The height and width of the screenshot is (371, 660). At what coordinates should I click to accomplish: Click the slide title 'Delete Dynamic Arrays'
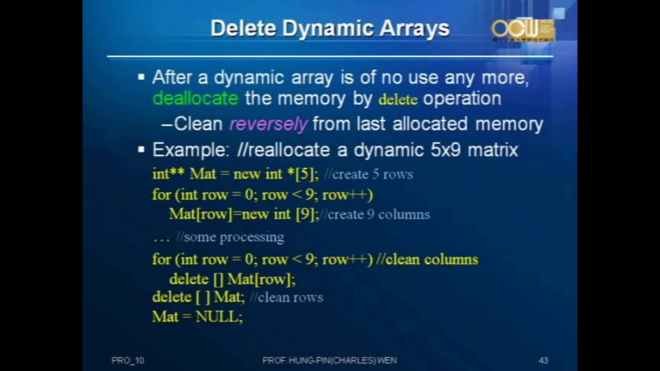pos(330,28)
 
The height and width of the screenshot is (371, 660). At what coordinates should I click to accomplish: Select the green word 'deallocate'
pos(195,99)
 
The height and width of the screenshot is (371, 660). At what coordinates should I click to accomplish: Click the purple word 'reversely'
pos(268,124)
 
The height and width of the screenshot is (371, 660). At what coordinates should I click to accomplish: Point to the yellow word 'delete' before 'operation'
pos(398,100)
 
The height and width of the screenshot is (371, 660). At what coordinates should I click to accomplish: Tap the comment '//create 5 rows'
pos(368,174)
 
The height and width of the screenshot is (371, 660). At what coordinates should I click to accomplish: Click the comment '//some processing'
pos(230,237)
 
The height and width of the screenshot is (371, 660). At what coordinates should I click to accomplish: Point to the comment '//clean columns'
pos(427,259)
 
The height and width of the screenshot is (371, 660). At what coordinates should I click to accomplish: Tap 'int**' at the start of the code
pos(168,174)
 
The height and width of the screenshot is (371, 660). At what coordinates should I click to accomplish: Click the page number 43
pos(543,360)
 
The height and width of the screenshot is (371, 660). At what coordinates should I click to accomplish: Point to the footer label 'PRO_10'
pos(128,360)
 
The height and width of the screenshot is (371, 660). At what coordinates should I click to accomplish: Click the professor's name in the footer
pos(329,360)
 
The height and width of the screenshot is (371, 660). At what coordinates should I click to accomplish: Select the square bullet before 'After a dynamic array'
pos(141,77)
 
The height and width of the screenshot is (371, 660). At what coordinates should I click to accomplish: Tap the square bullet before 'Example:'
pos(141,150)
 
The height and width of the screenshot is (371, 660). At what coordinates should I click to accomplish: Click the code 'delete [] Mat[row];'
pos(232,279)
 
